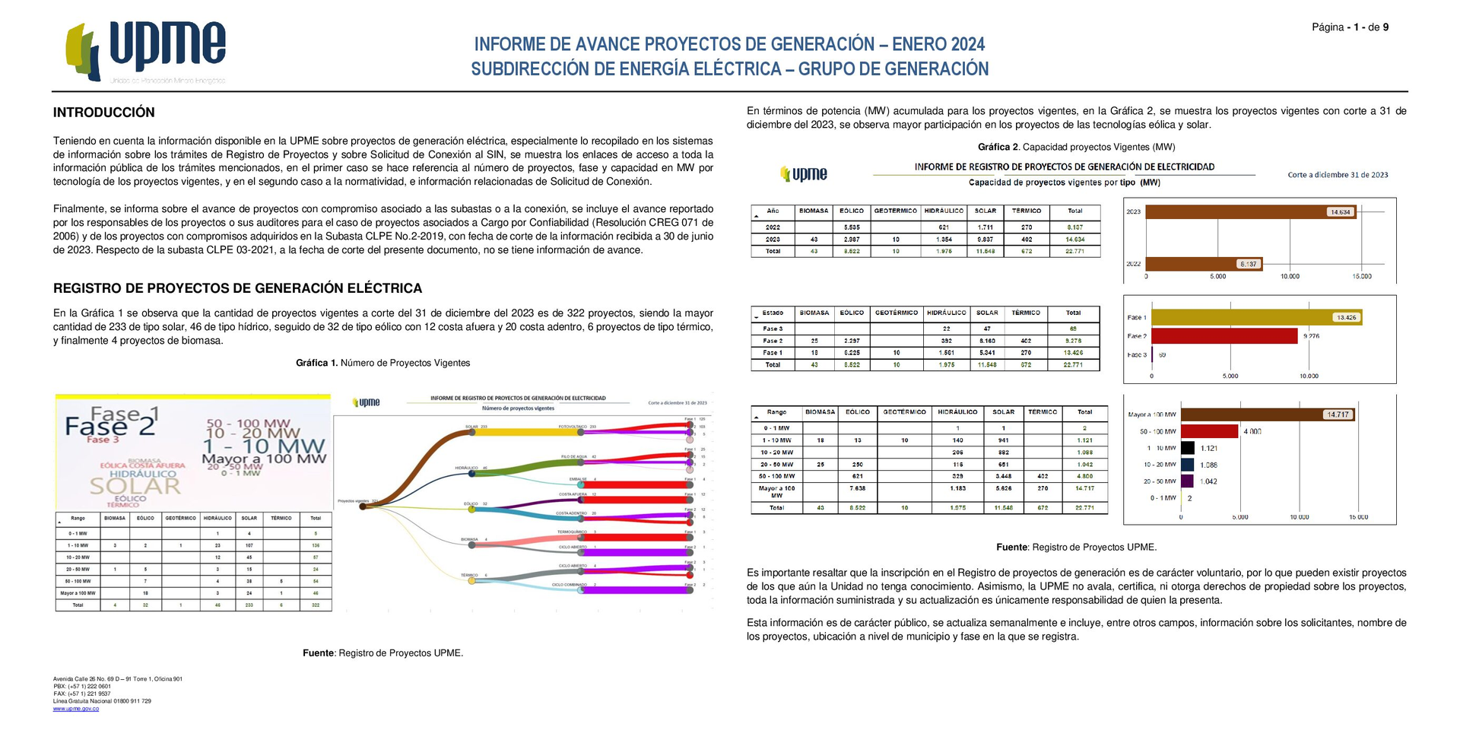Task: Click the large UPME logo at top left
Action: [x=146, y=52]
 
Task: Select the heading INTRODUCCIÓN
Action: [x=103, y=113]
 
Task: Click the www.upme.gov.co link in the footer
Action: [x=75, y=709]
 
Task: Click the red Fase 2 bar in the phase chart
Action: [x=1224, y=336]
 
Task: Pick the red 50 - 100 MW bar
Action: [x=1210, y=431]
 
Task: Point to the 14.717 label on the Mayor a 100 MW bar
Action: [x=1338, y=414]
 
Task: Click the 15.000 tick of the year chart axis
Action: [x=1361, y=276]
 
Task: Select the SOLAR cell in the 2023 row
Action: [x=985, y=239]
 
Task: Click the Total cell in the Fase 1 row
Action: [x=1073, y=353]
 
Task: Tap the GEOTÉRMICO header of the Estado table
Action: [x=897, y=313]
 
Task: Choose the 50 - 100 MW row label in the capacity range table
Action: [x=776, y=476]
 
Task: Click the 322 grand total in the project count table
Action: [x=316, y=605]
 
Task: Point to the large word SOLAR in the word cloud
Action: [x=135, y=485]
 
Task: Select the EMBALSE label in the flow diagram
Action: [x=577, y=479]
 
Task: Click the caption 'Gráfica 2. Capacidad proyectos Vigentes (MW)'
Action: [x=1076, y=147]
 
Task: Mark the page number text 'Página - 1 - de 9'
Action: [x=1350, y=27]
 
